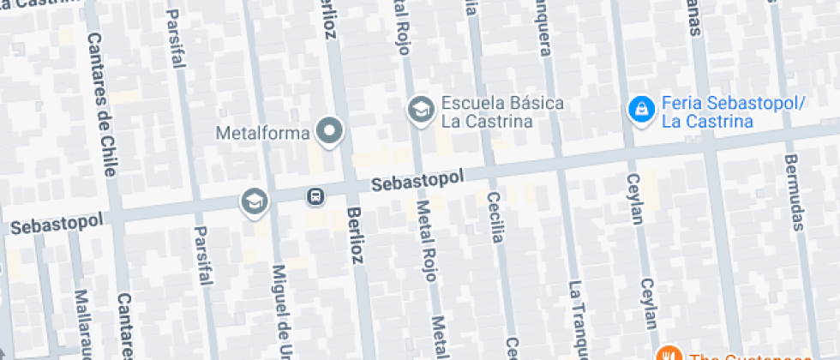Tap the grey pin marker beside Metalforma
point(330,131)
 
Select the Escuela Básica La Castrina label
point(501,112)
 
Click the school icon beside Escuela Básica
point(420,110)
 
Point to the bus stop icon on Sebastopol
point(315,197)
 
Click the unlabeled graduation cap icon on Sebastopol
point(255,202)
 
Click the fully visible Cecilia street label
point(494,218)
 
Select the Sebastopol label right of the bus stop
point(417,180)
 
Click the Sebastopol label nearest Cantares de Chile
point(57,224)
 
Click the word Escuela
point(469,104)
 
